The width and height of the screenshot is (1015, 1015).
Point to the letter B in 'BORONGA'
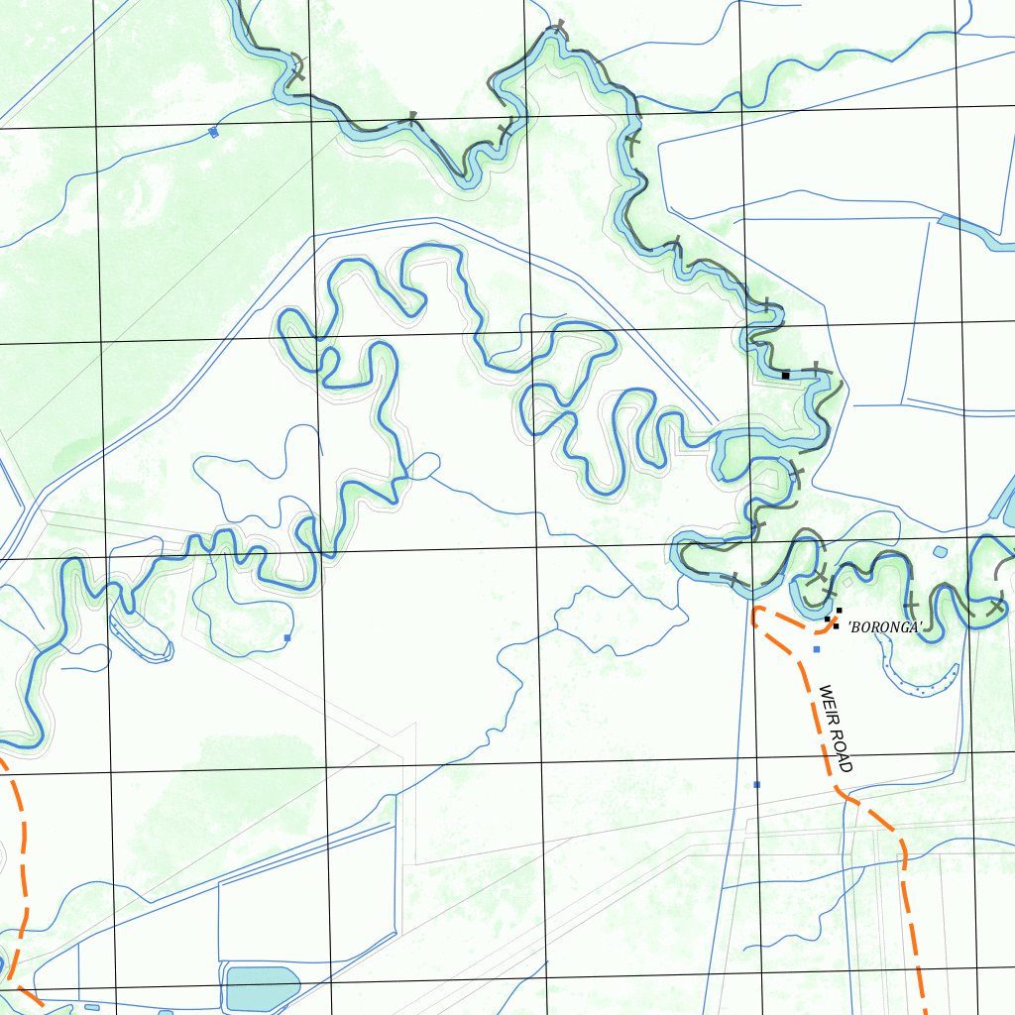[x=854, y=626]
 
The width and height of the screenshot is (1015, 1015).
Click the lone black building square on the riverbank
[x=785, y=376]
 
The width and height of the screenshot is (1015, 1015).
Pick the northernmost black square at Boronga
[x=839, y=611]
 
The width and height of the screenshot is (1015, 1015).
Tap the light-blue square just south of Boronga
[x=816, y=649]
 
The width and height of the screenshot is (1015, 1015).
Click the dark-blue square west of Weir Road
[x=757, y=785]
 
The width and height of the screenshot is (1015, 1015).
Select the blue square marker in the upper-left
[x=213, y=132]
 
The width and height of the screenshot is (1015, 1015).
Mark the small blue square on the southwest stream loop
[x=287, y=638]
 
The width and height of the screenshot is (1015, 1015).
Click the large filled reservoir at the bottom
[x=262, y=986]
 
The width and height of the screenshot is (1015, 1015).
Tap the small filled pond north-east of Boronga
[x=940, y=551]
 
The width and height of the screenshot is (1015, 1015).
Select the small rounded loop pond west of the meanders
[x=423, y=465]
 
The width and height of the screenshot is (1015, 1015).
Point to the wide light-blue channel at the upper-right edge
[x=976, y=233]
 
